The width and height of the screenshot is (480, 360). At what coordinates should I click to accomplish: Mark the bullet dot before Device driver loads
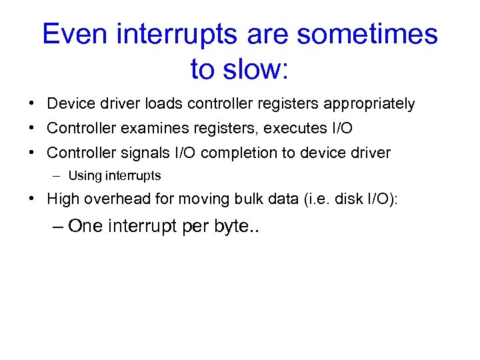pos(32,104)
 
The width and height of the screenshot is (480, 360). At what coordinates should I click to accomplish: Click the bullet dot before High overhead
pos(32,199)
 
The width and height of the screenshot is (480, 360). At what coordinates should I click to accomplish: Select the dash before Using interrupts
pos(58,177)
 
